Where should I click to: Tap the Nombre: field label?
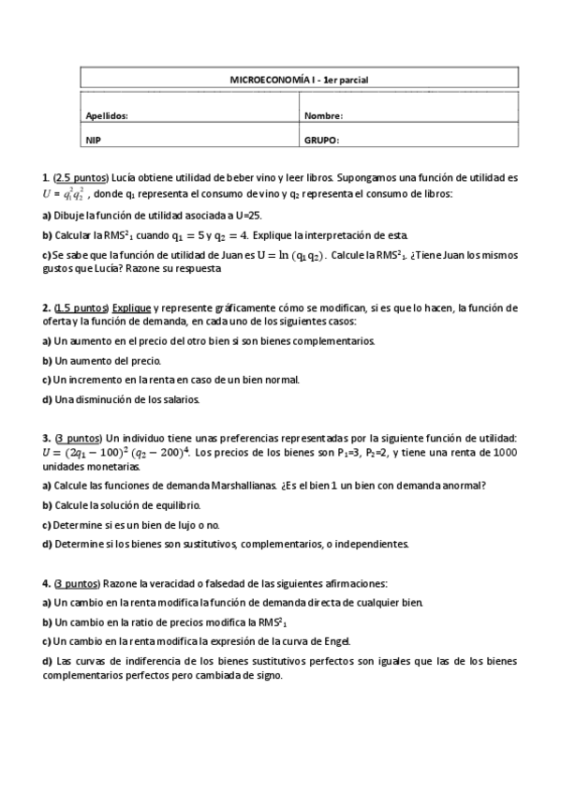[323, 116]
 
